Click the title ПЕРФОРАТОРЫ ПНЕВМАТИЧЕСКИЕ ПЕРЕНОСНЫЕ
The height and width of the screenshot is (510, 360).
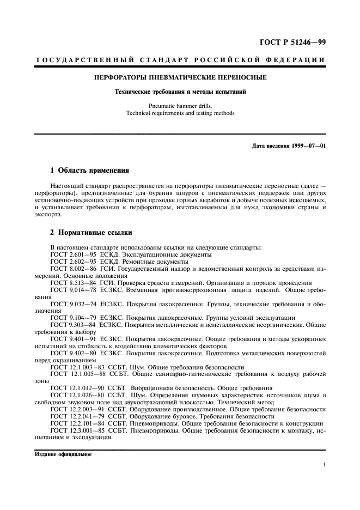(180, 78)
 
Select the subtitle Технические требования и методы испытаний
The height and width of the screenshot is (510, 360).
(180, 92)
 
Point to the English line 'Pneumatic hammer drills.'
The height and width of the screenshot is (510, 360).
(180, 106)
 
